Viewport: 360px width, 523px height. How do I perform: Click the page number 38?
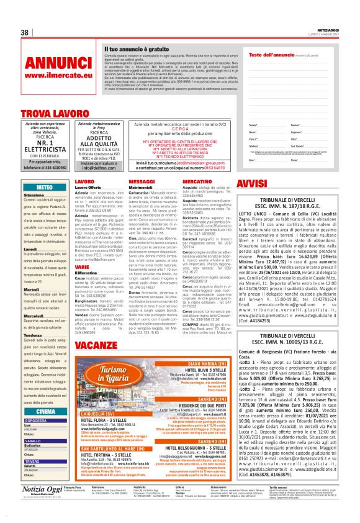pyautogui.click(x=25, y=32)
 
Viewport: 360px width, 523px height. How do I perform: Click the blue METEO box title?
pyautogui.click(x=45, y=186)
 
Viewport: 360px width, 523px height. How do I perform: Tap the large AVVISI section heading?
pyautogui.click(x=252, y=184)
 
